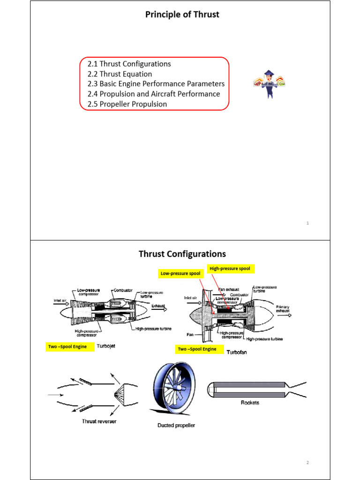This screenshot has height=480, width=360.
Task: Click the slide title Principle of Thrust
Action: tap(182, 15)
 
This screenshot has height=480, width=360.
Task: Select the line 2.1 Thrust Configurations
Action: tap(129, 64)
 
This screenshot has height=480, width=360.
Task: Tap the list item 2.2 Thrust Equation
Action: tap(120, 74)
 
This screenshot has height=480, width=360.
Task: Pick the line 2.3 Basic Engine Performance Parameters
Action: tap(156, 84)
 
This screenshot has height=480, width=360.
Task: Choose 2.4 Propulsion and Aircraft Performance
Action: tap(153, 94)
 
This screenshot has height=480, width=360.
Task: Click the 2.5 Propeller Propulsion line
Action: tap(127, 104)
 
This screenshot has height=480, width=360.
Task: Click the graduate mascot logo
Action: tap(269, 84)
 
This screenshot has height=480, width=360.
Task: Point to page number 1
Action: tap(307, 224)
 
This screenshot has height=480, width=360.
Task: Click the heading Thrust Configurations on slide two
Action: tap(182, 254)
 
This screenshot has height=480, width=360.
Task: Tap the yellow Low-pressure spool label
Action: tap(180, 273)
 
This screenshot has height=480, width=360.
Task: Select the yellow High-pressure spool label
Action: tap(230, 269)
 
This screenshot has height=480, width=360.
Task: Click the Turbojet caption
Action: tap(109, 346)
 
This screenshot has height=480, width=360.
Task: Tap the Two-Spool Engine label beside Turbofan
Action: tap(197, 349)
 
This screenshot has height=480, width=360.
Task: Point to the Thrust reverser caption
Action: tap(99, 421)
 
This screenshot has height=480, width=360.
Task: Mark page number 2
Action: tap(307, 463)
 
